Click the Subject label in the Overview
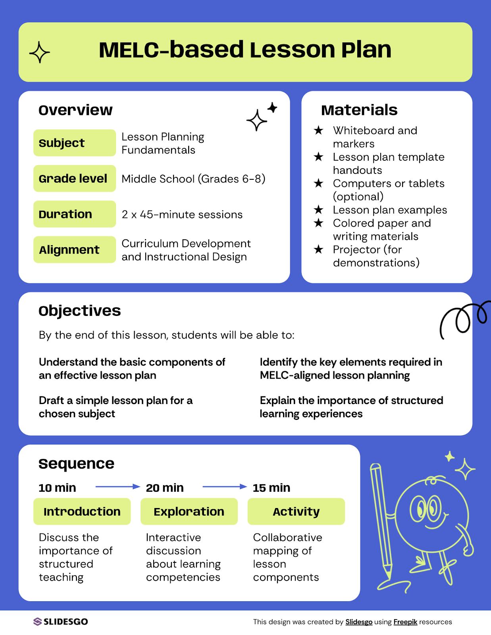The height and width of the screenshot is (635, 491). [x=74, y=143]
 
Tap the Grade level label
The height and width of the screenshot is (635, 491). [x=74, y=179]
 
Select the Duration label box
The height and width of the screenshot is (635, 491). [x=74, y=214]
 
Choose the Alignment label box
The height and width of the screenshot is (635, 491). [x=74, y=250]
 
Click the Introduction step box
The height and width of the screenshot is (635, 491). [x=82, y=512]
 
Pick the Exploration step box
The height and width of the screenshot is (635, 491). [x=189, y=512]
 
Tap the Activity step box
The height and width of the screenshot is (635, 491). [x=296, y=512]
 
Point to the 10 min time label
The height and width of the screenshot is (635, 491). [x=57, y=488]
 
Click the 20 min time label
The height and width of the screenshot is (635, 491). [x=165, y=488]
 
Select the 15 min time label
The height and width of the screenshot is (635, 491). [x=271, y=488]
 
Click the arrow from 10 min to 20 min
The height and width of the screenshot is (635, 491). [x=118, y=487]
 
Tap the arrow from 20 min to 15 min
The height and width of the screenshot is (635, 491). [x=225, y=487]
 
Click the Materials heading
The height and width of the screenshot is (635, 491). [x=359, y=110]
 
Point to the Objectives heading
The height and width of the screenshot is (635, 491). [x=80, y=311]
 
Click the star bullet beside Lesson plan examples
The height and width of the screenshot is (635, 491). [x=318, y=210]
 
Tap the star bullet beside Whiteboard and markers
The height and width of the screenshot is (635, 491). [x=318, y=130]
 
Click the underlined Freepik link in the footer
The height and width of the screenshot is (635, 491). [x=405, y=622]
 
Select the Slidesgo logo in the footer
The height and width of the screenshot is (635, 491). [x=61, y=622]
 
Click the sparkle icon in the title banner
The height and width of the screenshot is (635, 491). [x=40, y=52]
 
